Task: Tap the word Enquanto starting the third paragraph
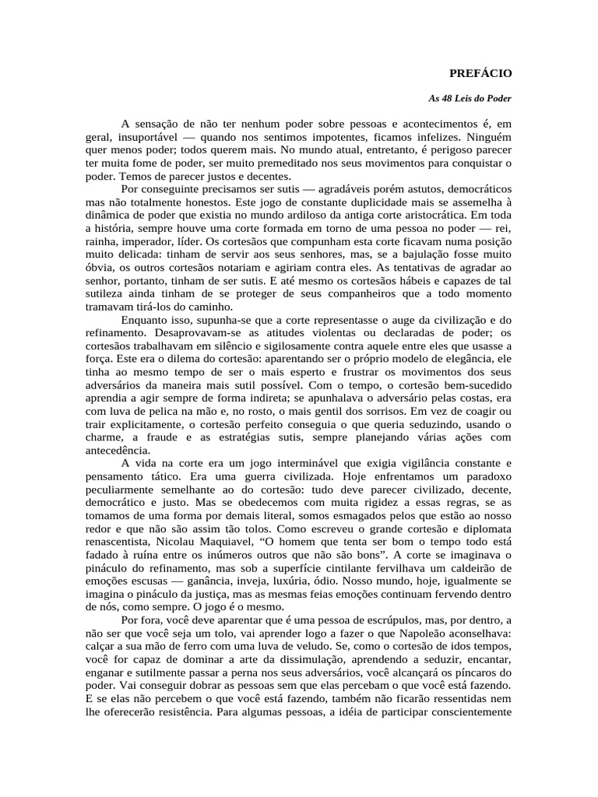pyautogui.click(x=146, y=320)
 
